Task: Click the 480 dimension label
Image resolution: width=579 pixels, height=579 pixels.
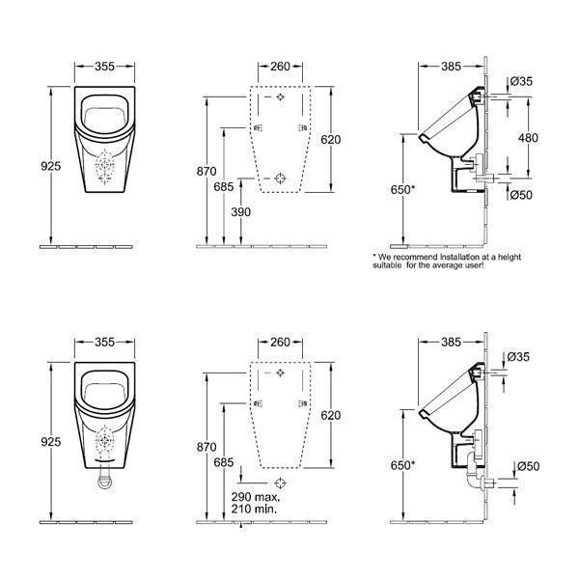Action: coord(528,138)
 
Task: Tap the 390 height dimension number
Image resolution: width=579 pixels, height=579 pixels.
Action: coord(240,212)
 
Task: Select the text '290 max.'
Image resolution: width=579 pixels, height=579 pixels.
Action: coord(256,497)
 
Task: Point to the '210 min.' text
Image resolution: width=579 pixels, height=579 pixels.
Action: coord(254,509)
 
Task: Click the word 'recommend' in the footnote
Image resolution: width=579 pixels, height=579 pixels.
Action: coord(417,257)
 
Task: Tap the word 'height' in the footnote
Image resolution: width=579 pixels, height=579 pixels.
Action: coord(510,257)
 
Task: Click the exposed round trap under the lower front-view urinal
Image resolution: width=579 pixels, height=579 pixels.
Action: coord(105,482)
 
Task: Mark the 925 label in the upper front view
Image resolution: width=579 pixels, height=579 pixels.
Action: coord(50,166)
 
